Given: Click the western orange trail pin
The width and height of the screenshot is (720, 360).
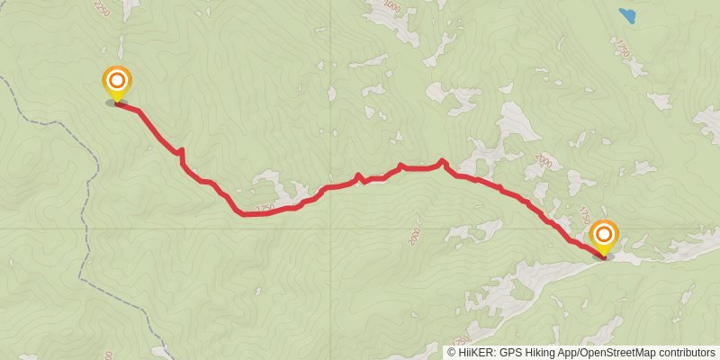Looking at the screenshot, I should click(116, 83).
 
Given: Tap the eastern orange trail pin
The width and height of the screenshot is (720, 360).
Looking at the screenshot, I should click(603, 237).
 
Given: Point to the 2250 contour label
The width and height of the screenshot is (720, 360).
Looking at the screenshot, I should click(101, 8).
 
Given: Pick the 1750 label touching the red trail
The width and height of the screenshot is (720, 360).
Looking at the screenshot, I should click(265, 209).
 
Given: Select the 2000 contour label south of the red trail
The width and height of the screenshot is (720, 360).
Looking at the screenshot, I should click(414, 235).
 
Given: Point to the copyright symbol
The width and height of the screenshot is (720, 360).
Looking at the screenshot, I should click(452, 352).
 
